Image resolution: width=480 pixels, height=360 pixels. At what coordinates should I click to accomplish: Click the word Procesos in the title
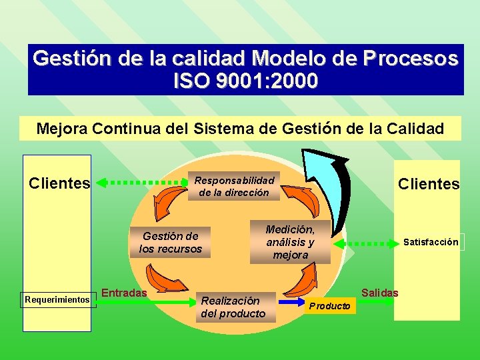tap(411, 59)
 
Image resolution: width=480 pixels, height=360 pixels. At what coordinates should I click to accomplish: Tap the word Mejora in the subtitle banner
tap(61, 129)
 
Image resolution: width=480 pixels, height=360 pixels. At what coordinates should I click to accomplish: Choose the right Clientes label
tap(429, 184)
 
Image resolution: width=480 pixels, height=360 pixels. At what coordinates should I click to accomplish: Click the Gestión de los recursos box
tap(170, 242)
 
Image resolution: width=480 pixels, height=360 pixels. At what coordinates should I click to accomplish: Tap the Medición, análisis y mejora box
tap(290, 241)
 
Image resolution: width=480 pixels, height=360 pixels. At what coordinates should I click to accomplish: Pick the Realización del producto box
tap(233, 307)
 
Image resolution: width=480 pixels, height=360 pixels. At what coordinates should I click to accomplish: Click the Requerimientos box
tap(57, 300)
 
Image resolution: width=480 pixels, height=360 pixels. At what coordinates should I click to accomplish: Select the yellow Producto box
tap(330, 306)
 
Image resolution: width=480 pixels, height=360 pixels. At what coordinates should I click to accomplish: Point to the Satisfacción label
tap(431, 242)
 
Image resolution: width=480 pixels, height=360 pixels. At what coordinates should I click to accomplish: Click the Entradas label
tap(125, 293)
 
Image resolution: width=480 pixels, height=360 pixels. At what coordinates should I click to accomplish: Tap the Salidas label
tap(379, 293)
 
